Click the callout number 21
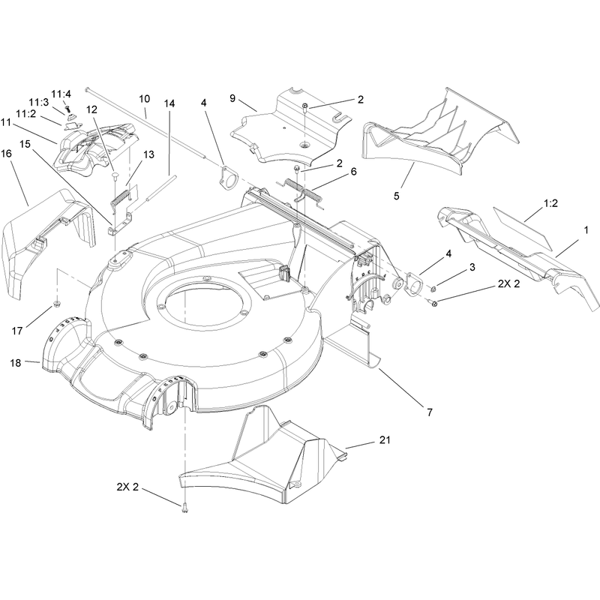point(385,440)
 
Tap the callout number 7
point(429,412)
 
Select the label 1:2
point(550,203)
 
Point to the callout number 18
point(15,363)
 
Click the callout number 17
point(17,331)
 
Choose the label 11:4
point(61,94)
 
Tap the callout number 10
point(144,99)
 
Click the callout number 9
point(232,98)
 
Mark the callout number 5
point(397,196)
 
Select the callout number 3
point(472,267)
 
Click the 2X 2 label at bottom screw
point(127,487)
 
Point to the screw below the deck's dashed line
point(184,508)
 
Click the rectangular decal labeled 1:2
point(523,229)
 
